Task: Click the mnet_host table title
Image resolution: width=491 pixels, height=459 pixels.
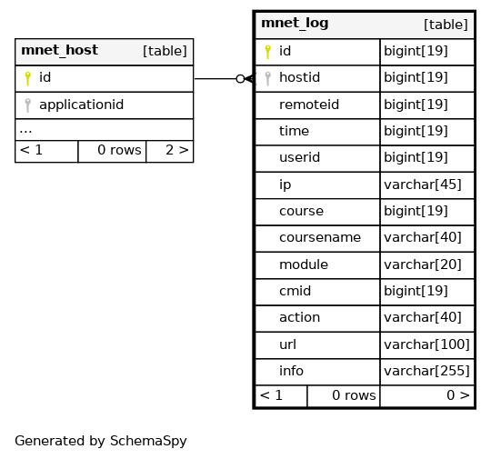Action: [x=59, y=50]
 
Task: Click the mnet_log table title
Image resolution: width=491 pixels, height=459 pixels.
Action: [x=295, y=23]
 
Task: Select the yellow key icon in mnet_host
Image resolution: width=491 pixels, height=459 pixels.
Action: [x=27, y=78]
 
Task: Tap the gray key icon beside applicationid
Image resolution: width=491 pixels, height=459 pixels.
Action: [x=27, y=105]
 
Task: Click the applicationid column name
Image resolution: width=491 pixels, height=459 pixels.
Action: [x=82, y=105]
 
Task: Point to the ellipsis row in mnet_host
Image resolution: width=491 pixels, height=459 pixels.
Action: [x=25, y=130]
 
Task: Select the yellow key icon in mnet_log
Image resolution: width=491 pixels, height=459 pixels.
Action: [x=267, y=52]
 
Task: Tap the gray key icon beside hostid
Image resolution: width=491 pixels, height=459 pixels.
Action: [x=267, y=78]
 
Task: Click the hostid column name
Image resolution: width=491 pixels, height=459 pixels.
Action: [x=300, y=77]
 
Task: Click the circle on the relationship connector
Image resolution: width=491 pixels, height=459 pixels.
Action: [x=240, y=79]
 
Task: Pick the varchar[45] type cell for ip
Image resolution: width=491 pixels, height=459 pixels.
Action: [x=423, y=185]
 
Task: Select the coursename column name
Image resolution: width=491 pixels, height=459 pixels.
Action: [x=320, y=237]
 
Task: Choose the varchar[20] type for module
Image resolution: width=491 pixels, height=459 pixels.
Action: [x=423, y=264]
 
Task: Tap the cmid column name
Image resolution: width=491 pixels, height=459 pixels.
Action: [x=295, y=291]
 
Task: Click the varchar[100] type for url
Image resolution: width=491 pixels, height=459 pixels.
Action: [x=426, y=344]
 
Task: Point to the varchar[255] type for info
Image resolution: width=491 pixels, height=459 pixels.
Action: [x=426, y=371]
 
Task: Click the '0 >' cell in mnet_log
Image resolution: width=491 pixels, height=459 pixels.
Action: [x=458, y=395]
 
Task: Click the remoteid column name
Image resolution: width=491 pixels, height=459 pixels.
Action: [x=309, y=105]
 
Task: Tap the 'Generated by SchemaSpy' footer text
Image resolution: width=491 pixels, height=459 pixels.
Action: [x=101, y=441]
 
